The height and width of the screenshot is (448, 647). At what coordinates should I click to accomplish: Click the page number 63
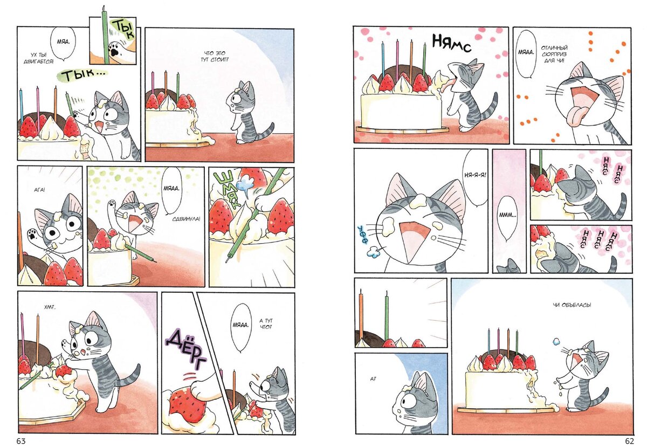[x=21, y=441]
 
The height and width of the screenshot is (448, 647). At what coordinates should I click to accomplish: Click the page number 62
[x=629, y=441]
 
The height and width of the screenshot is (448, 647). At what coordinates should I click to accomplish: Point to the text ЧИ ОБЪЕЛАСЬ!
[x=572, y=305]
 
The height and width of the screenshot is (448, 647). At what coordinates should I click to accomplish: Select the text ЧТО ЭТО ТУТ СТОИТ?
[x=214, y=57]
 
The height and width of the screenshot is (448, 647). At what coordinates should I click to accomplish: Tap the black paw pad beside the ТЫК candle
[x=115, y=51]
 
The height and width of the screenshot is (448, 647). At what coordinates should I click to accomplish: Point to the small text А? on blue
[x=373, y=379]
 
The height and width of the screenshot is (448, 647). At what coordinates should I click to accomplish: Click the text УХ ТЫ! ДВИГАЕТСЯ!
[x=39, y=58]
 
